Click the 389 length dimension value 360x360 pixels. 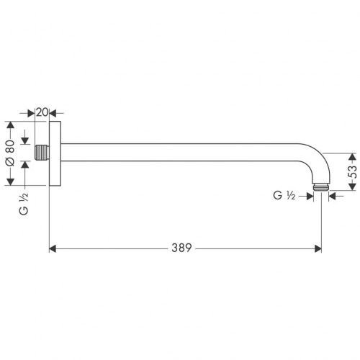pyautogui.click(x=182, y=248)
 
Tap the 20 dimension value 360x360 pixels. pyautogui.click(x=42, y=112)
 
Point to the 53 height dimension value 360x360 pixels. pyautogui.click(x=352, y=171)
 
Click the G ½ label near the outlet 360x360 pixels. pyautogui.click(x=284, y=195)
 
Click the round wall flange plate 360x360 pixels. pyautogui.click(x=55, y=153)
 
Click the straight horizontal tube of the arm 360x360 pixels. pyautogui.click(x=180, y=153)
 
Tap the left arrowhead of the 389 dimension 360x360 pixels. pyautogui.click(x=53, y=249)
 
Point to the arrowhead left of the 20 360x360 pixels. pyautogui.click(x=32, y=112)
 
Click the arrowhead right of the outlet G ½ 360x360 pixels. pyautogui.click(x=332, y=195)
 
